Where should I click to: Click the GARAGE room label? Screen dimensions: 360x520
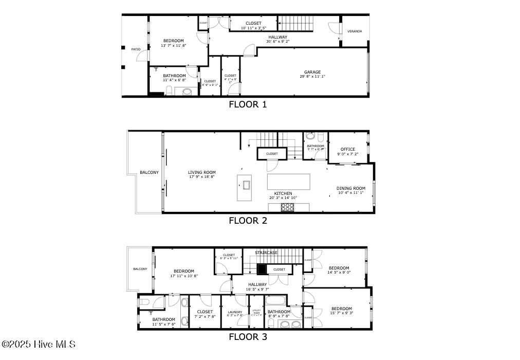pyautogui.click(x=312, y=72)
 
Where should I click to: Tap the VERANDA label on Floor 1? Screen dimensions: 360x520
pyautogui.click(x=355, y=31)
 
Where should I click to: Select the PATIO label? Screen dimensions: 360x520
pyautogui.click(x=136, y=49)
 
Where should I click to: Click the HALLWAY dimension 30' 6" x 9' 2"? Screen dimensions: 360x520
pyautogui.click(x=278, y=42)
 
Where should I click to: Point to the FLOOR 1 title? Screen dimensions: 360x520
pyautogui.click(x=248, y=104)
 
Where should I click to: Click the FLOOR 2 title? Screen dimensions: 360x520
pyautogui.click(x=248, y=221)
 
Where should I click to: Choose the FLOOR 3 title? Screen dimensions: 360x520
pyautogui.click(x=248, y=337)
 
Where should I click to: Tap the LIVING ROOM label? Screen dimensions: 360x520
pyautogui.click(x=201, y=172)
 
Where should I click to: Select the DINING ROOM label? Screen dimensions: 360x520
pyautogui.click(x=351, y=188)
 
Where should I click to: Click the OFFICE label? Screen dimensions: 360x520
pyautogui.click(x=348, y=149)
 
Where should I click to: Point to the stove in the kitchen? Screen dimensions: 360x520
pyautogui.click(x=288, y=207)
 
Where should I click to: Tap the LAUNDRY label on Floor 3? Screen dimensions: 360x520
pyautogui.click(x=234, y=312)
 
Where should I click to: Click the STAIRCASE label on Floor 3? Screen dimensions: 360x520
pyautogui.click(x=266, y=253)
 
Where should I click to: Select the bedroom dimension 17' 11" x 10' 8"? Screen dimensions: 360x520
pyautogui.click(x=183, y=276)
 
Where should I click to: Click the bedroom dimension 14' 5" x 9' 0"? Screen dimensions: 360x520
pyautogui.click(x=339, y=273)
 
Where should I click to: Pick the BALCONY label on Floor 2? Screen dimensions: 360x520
pyautogui.click(x=149, y=172)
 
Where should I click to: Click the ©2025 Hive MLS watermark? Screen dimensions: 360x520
pyautogui.click(x=39, y=344)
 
